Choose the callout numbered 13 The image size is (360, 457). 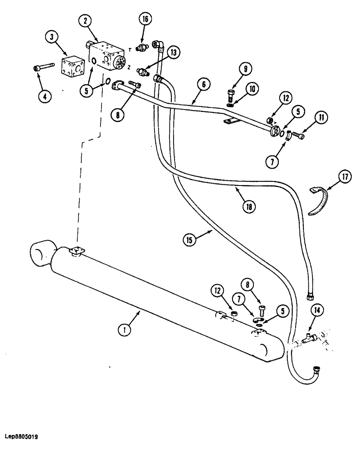(x=173, y=53)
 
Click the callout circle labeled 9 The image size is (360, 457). (x=245, y=69)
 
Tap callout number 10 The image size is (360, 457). (x=250, y=88)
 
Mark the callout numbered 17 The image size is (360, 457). (x=344, y=176)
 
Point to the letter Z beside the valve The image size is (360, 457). (x=129, y=67)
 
